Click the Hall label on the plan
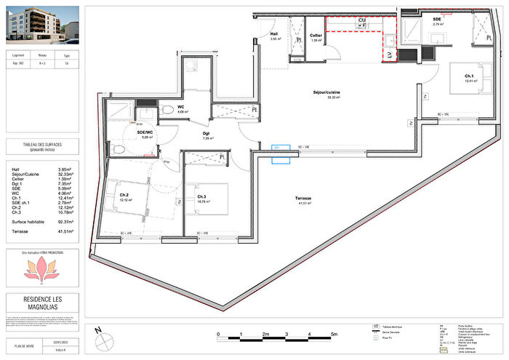click(x=275, y=34)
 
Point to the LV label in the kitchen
click(x=389, y=55)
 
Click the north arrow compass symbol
click(x=98, y=336)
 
